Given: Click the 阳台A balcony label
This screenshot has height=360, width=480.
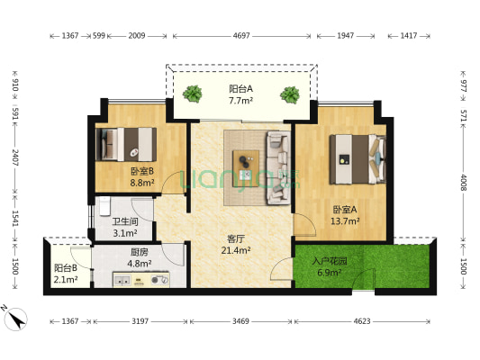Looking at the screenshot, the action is pos(241,89).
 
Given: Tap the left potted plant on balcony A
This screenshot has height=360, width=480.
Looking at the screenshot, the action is pos(192,94).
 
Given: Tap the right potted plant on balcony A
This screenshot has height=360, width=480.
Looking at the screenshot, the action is pos(290,94).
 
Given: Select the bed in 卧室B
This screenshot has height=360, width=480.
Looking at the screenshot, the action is pos(126,144).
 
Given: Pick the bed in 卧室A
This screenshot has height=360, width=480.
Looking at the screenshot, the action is pos(358,159).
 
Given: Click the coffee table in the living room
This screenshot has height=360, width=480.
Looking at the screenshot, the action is pos(246,168).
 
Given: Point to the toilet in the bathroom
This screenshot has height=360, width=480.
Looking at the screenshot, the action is pos(104,206).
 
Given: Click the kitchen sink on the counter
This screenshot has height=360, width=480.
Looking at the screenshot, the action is pos(122,280).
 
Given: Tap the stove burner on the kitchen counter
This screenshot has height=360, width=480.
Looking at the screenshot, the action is pos(159,280).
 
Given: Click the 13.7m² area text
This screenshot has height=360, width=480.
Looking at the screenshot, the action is pos(345,220).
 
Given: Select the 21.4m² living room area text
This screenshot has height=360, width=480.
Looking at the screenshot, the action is pos(236,250).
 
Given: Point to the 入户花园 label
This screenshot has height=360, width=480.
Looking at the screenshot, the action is pos(330,261).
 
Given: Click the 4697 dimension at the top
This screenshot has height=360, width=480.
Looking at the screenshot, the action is pos(241,36).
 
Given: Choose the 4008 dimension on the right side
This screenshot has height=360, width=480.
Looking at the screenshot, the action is pos(463,183).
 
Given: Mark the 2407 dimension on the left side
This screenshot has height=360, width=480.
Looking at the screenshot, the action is pos(15,157).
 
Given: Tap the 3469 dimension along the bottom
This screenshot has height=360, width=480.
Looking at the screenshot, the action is pos(240,321).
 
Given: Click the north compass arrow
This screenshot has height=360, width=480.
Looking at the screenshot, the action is pos(17,319).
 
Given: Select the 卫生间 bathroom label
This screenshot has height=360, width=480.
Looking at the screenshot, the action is pos(125,221).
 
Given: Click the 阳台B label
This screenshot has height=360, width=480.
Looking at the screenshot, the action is pos(66,268).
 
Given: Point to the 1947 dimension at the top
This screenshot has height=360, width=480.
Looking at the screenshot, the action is pos(346,36).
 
